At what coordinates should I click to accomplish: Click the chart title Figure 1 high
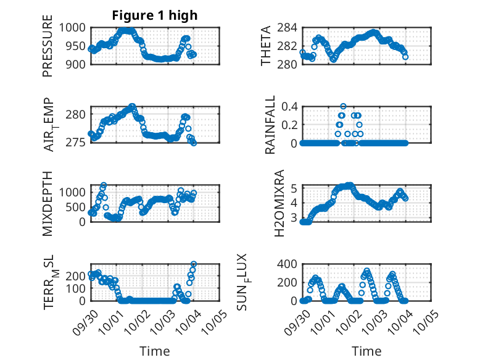(x=155, y=15)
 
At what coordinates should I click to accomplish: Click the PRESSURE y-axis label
(x=48, y=51)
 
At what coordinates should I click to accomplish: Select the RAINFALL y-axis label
(x=270, y=125)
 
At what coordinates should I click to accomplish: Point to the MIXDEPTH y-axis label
(x=48, y=203)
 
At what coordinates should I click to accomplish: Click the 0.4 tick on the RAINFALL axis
(x=289, y=106)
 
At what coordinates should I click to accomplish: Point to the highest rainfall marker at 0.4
(x=343, y=106)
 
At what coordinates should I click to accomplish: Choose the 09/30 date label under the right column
(x=297, y=320)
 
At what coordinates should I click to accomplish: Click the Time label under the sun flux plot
(x=366, y=351)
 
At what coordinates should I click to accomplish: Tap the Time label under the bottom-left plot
(x=155, y=351)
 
